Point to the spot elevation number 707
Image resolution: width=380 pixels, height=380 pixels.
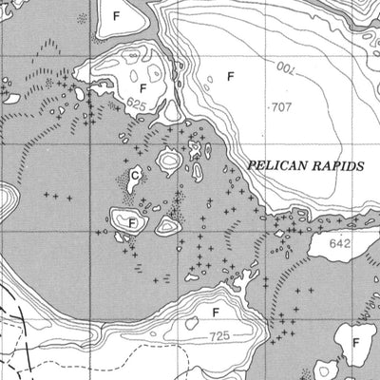[281, 107]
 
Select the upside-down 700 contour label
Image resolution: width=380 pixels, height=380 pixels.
[286, 68]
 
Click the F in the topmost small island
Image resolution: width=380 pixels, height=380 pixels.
[118, 17]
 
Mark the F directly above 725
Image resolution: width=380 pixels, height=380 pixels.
[216, 312]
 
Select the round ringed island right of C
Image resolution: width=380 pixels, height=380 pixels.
[169, 161]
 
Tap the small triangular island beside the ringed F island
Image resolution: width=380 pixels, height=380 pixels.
[168, 225]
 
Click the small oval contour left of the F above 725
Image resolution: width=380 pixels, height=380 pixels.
[193, 322]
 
